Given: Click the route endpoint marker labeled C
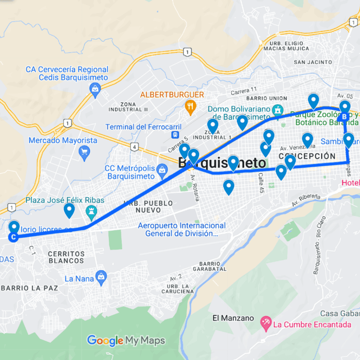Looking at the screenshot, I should (x=13, y=237).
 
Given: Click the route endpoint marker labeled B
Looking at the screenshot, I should (x=344, y=116).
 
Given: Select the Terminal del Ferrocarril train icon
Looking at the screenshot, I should (x=174, y=135).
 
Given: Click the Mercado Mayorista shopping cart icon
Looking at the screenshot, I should (x=84, y=152).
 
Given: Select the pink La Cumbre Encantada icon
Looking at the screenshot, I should (x=265, y=323).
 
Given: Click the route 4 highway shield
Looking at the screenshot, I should (x=134, y=147).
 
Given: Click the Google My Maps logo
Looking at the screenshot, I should (x=126, y=340).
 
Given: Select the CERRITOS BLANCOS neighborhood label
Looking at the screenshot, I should (x=66, y=257).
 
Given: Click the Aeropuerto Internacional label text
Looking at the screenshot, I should (x=181, y=229).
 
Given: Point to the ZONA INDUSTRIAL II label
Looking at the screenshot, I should (x=128, y=107).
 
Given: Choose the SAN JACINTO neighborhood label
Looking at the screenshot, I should (x=313, y=62).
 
